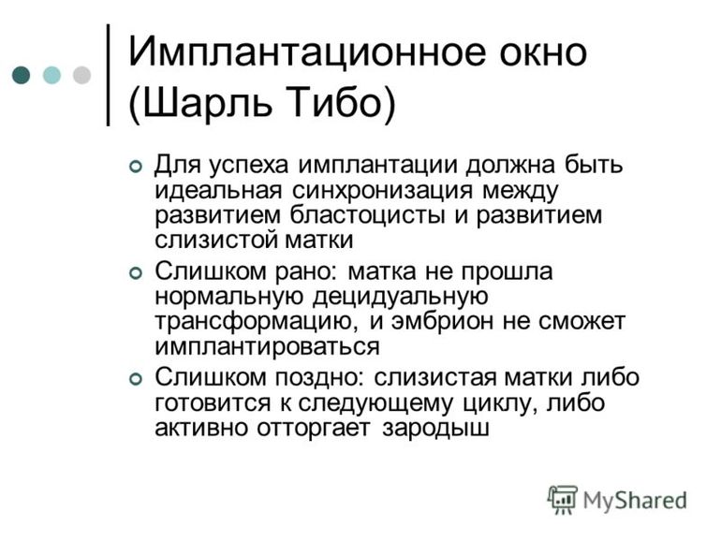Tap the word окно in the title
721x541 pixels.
(537, 50)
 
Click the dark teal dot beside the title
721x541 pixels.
(22, 75)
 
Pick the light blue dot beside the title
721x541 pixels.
(51, 75)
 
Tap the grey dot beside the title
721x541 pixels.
(81, 75)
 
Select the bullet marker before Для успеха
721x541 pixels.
(136, 167)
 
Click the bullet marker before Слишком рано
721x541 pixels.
(136, 272)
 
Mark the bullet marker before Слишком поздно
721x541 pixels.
(136, 379)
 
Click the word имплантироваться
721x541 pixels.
(267, 346)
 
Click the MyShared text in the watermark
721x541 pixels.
(635, 500)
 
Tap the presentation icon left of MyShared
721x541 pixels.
(562, 499)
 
